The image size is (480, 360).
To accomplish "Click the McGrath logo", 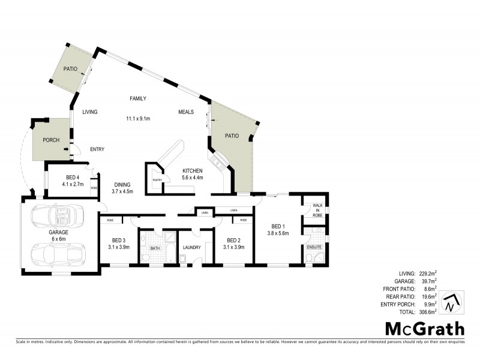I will point(424,328).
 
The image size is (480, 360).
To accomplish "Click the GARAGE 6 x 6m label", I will point(58,235).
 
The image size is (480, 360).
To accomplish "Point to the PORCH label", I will point(50,140).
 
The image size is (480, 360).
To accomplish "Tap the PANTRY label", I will point(158,180).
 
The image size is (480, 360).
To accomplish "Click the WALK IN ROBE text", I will point(317,210).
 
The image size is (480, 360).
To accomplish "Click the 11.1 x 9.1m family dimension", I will point(138,118).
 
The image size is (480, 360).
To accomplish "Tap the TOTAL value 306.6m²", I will point(425,313).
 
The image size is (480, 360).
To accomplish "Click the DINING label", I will point(123,185).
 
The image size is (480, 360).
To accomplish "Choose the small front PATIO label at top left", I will point(73,69).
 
